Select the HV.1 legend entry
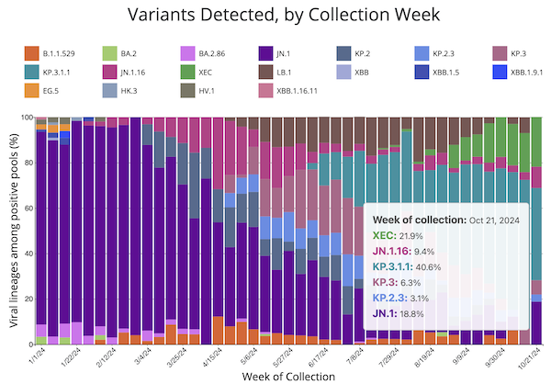pyautogui.click(x=218, y=90)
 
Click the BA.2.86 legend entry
pyautogui.click(x=226, y=52)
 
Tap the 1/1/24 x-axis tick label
pyautogui.click(x=37, y=356)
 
